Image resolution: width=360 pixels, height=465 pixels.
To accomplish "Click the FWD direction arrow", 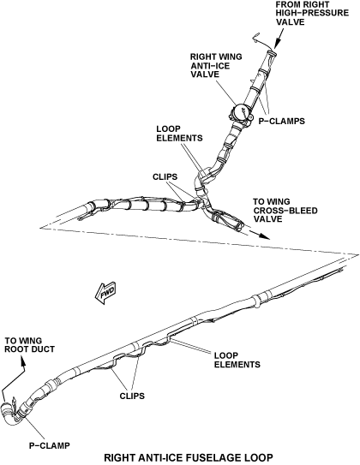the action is tap(105, 293).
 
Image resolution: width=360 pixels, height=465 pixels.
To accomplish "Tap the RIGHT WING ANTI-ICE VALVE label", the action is tap(216, 65).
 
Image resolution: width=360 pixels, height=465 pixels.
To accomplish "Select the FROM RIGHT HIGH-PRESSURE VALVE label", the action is tap(312, 14).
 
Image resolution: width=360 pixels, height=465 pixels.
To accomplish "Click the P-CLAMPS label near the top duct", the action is tap(281, 121).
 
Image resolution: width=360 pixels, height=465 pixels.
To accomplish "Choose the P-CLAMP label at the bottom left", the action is tap(49, 445).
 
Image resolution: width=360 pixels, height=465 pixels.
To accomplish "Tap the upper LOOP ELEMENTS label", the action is tap(179, 134).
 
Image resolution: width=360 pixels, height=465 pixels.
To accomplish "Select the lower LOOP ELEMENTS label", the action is tap(237, 360).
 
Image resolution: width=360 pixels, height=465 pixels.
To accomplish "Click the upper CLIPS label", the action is tap(165, 176).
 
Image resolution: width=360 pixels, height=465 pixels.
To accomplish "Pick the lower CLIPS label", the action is tap(132, 396).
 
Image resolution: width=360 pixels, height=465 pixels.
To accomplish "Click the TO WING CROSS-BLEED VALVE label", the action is tap(285, 211).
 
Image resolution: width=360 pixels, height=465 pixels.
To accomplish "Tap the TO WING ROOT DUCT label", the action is tap(30, 345).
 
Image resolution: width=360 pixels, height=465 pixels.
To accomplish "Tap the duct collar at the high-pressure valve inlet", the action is tap(271, 53).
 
